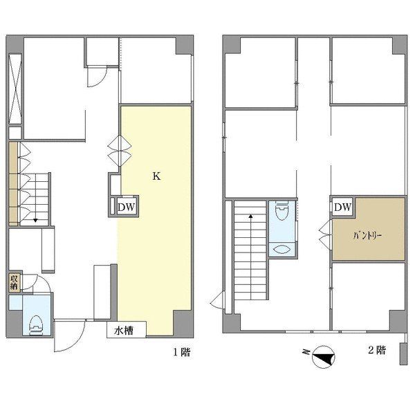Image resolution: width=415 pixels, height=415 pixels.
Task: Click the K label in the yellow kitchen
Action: click(156, 176)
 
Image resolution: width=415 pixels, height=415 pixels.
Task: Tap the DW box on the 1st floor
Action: click(127, 207)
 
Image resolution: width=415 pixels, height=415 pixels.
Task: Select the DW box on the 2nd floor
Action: click(343, 206)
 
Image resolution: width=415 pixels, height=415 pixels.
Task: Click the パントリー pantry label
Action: click(367, 236)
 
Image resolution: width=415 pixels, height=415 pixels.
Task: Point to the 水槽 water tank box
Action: click(127, 329)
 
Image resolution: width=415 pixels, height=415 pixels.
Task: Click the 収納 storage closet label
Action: click(14, 282)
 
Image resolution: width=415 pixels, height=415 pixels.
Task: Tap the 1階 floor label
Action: click(182, 352)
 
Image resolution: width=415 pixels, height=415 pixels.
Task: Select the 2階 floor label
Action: click(377, 350)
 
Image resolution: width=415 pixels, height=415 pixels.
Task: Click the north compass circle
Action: click(324, 357)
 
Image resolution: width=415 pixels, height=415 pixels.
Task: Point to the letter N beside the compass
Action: click(306, 352)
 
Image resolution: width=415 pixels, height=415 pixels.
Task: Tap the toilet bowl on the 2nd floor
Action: click(282, 210)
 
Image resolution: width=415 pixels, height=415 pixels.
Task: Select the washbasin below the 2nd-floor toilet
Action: click(282, 249)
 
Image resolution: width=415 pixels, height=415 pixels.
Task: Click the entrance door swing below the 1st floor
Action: click(69, 336)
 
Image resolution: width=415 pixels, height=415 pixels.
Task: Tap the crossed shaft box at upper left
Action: click(15, 89)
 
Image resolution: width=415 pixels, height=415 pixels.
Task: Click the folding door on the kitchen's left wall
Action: click(120, 151)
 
